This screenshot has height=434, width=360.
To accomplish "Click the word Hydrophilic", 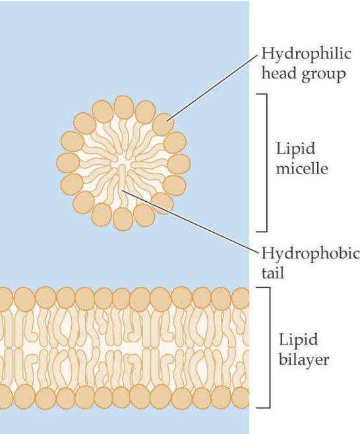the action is coord(306,54).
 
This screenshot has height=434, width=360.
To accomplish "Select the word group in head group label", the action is coord(324,75).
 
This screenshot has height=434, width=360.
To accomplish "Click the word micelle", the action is coord(302,168).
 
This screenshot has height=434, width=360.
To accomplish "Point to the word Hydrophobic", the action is coord(311,253).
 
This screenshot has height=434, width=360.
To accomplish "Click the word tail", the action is coord(272,272).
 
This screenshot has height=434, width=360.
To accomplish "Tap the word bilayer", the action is coord(304,359).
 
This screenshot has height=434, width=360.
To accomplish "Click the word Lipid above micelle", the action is coord(295,149).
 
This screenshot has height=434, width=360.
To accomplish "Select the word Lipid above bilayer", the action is coord(298,340).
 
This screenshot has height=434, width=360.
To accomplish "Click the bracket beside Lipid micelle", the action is coord(267,162).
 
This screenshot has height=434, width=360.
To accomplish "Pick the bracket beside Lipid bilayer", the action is coord(269,348).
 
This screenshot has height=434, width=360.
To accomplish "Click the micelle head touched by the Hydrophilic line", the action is coord(164,124).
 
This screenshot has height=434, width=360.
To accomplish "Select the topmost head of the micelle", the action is coord(124,107).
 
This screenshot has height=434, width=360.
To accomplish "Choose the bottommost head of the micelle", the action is coord(123,219).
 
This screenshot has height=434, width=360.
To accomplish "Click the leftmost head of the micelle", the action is coord(69,163).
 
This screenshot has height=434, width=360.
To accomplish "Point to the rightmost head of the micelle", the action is coord(179,164).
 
